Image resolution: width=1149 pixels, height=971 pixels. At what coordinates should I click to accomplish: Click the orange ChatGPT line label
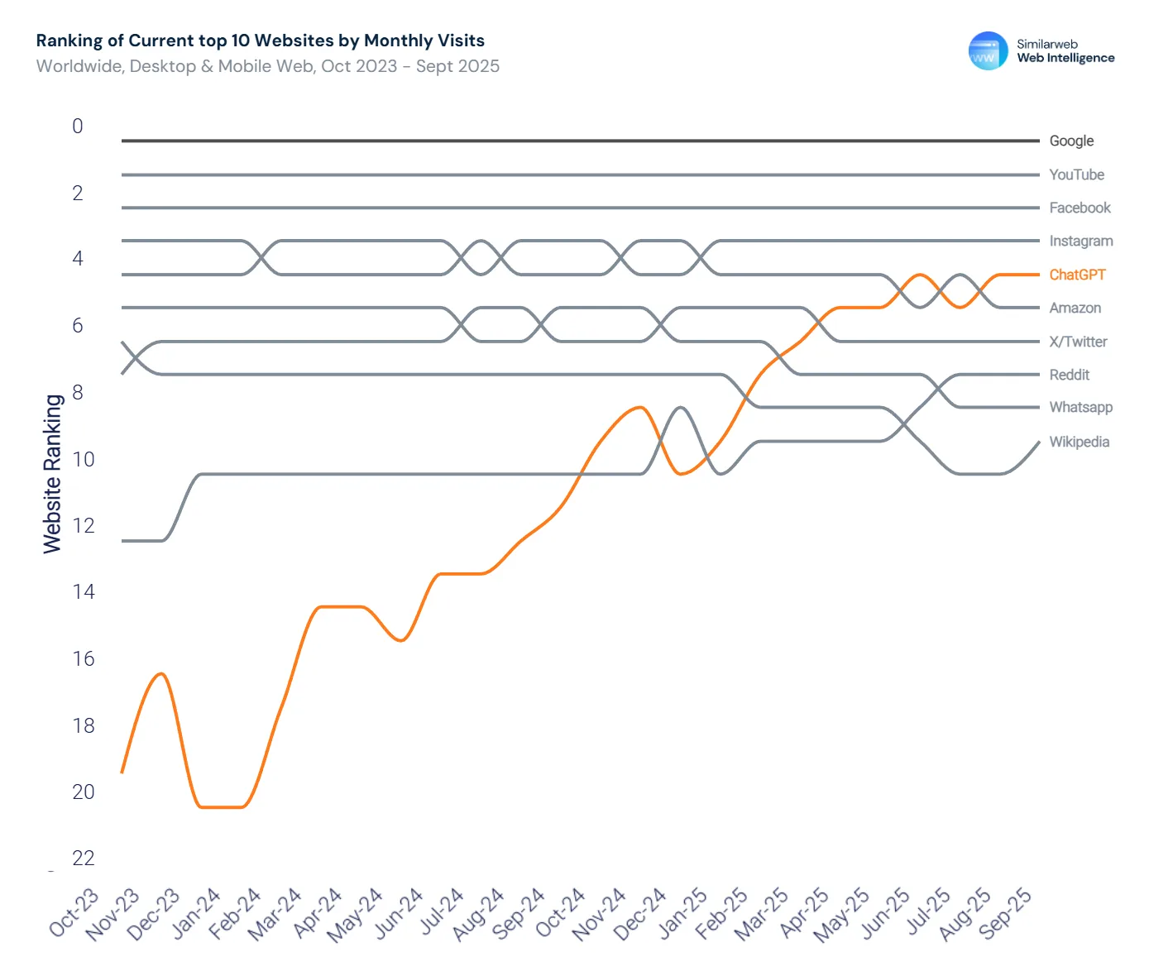click(1076, 275)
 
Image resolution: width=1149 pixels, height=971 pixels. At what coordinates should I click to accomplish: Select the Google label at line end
click(1071, 141)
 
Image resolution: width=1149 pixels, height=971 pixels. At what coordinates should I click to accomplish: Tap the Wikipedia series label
click(1079, 442)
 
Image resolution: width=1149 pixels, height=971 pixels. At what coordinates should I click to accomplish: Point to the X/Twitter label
click(1078, 342)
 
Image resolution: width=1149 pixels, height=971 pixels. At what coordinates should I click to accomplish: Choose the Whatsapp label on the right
click(1080, 407)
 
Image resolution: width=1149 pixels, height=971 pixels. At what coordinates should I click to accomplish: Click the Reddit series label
click(1069, 375)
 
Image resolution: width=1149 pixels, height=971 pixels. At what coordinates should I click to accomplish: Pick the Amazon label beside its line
click(1075, 308)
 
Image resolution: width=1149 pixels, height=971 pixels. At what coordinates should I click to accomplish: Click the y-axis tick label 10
click(83, 460)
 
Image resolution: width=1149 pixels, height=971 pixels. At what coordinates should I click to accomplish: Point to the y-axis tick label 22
click(83, 859)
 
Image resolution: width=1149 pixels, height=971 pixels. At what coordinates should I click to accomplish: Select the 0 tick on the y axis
click(78, 127)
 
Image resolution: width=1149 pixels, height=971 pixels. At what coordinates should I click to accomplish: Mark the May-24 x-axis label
click(356, 914)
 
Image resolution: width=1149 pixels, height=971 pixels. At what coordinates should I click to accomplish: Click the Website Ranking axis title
click(52, 473)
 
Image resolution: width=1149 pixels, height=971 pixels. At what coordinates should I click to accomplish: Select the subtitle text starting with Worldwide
click(267, 66)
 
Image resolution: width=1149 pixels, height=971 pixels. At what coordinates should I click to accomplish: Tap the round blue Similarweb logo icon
click(988, 51)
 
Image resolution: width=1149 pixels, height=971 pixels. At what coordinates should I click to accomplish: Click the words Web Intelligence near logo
click(1065, 58)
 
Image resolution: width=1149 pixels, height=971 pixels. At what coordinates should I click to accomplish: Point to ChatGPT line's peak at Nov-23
click(162, 674)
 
